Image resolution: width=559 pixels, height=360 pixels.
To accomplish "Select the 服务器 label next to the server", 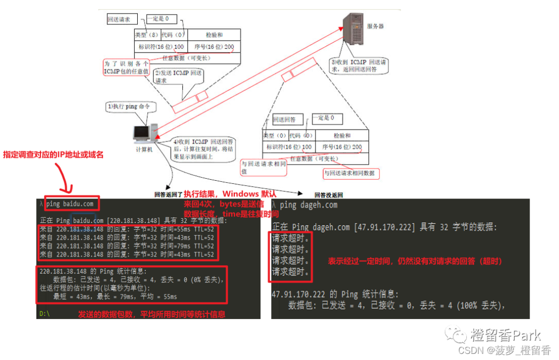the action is [x=375, y=26].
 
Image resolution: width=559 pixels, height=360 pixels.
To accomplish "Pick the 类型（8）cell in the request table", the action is [x=147, y=35].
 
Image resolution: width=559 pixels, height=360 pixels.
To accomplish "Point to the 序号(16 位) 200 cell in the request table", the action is [x=214, y=47].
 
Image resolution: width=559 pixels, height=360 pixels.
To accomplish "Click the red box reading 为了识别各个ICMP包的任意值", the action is [x=126, y=67].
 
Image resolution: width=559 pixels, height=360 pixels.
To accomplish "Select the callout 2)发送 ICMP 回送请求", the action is [x=177, y=77].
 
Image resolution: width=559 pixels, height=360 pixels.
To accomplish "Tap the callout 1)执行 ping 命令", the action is [x=129, y=107].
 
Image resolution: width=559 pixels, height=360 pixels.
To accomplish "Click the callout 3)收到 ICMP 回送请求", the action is [x=359, y=65].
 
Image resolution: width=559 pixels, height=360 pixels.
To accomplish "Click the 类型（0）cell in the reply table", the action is [x=275, y=135].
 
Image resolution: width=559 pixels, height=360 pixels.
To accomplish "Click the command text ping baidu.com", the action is [x=70, y=204].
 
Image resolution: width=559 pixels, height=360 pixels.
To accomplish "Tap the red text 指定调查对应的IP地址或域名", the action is [x=53, y=154].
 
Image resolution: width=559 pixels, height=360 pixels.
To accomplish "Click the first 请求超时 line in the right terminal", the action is [x=290, y=239].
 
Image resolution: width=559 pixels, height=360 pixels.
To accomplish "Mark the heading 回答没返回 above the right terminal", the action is [x=329, y=195].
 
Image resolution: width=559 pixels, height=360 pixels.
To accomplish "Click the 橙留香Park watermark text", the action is [x=505, y=335].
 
